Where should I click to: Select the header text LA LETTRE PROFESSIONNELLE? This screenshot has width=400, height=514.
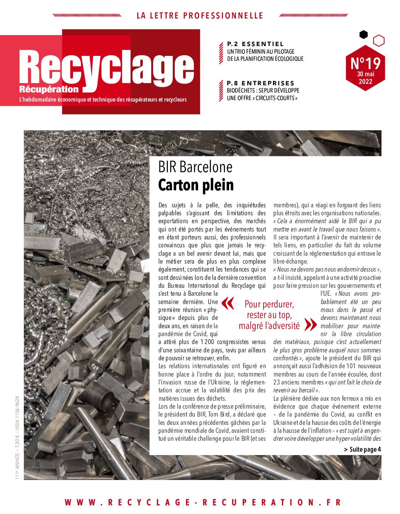200,15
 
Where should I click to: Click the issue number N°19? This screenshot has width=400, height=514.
365,62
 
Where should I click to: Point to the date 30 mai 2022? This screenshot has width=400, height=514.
365,78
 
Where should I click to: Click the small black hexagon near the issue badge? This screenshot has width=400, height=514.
363,35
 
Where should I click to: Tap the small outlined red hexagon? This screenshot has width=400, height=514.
378,40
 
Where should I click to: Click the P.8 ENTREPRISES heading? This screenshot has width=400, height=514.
260,83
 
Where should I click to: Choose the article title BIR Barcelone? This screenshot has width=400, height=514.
195,167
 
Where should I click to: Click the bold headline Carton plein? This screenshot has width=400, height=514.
196,185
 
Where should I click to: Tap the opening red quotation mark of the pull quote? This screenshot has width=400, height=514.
227,303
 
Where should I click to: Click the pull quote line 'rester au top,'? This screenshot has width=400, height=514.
269,315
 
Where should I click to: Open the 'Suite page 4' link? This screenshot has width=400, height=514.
362,449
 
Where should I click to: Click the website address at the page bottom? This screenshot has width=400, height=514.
203,502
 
